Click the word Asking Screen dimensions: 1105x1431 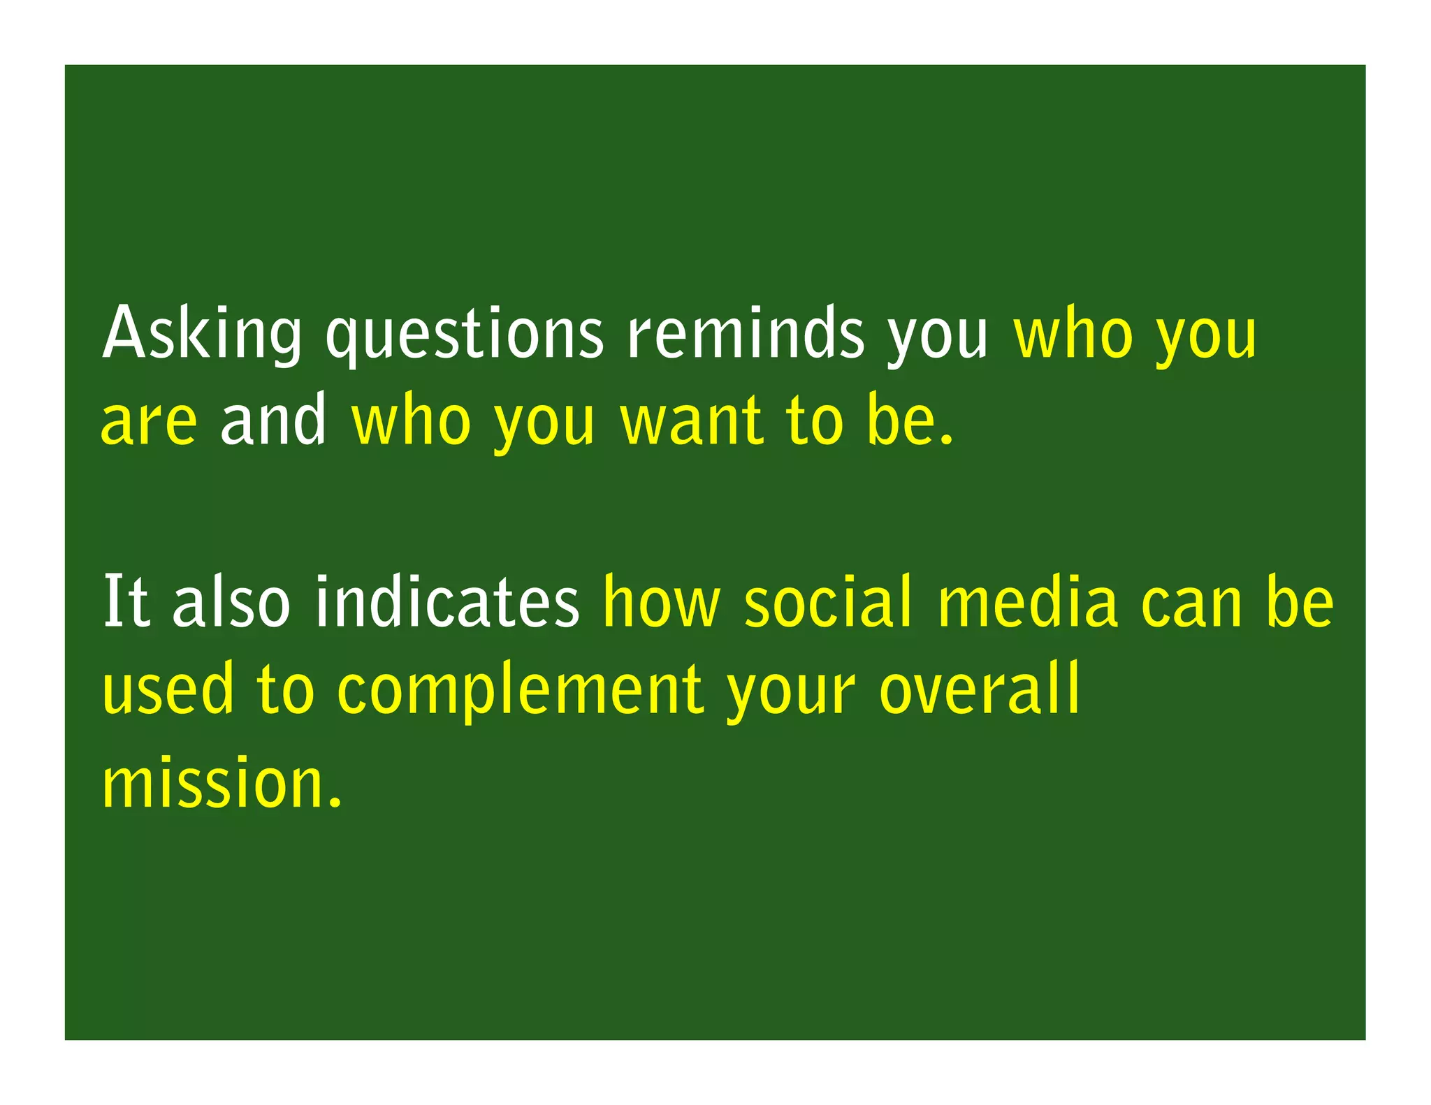[x=202, y=334]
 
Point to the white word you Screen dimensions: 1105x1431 [x=938, y=337]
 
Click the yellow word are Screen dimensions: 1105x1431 [x=150, y=421]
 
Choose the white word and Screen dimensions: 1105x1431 [x=273, y=419]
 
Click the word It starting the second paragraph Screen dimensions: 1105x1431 [x=126, y=601]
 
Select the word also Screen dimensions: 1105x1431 [x=231, y=601]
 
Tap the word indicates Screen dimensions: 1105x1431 [x=447, y=601]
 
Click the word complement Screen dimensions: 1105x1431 [x=520, y=691]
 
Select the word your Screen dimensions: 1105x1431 [x=790, y=693]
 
